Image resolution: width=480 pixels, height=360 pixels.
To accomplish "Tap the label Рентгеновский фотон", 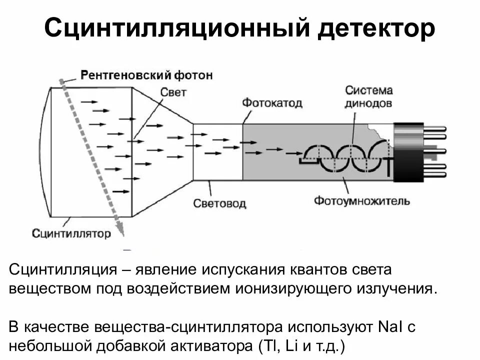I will (146, 75).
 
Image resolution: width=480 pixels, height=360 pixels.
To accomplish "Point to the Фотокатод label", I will (272, 103).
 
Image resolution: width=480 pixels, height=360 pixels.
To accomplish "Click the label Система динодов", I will (368, 97).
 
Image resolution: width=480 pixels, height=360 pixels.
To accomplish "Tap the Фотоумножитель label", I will (362, 201).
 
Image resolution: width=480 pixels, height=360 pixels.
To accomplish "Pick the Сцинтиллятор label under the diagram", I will (71, 233).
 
